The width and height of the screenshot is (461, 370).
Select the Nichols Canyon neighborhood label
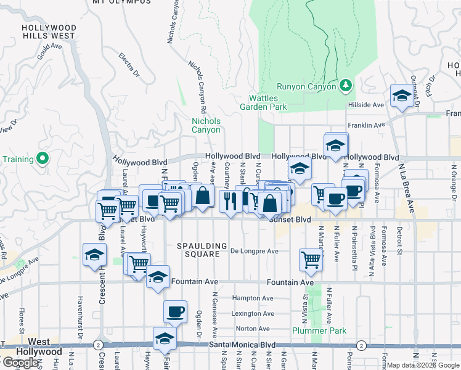click(x=206, y=125)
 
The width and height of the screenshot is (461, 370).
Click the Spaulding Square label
click(x=198, y=250)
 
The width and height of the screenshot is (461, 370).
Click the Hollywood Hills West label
click(x=49, y=32)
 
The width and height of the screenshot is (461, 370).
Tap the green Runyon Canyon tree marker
click(x=346, y=86)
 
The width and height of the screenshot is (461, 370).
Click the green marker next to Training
click(x=43, y=159)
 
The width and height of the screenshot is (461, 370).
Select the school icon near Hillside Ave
click(x=401, y=96)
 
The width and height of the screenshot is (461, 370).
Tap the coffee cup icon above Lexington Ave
click(x=175, y=311)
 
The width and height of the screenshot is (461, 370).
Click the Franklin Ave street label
click(x=367, y=125)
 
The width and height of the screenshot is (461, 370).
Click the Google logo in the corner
click(x=20, y=363)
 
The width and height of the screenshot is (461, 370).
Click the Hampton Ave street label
click(x=253, y=298)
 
